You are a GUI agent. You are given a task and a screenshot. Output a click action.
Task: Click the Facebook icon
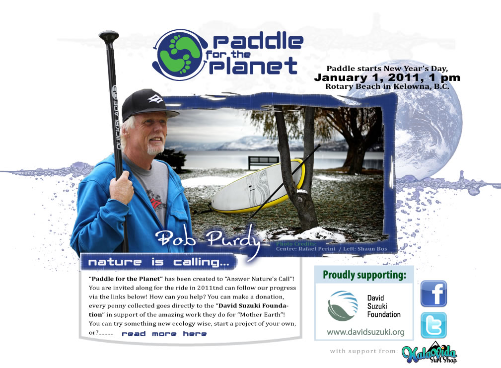click(433, 294)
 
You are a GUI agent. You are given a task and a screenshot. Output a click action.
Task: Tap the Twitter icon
click(433, 325)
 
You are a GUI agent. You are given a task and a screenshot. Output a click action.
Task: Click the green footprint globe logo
click(180, 55)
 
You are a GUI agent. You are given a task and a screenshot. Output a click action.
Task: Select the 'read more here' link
click(164, 334)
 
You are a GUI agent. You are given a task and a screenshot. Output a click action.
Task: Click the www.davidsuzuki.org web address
click(365, 332)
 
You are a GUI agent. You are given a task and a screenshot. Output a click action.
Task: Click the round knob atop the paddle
click(109, 36)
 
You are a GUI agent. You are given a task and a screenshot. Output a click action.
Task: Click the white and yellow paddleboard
click(258, 186)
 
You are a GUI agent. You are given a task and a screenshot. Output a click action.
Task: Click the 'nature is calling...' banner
click(158, 262)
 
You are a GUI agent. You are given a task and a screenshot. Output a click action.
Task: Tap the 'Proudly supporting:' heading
click(364, 275)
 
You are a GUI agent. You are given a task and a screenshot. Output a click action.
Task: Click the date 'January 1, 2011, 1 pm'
click(387, 77)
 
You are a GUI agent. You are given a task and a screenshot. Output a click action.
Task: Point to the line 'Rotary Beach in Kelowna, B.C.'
click(387, 86)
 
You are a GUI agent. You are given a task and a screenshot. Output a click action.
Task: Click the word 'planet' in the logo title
click(253, 66)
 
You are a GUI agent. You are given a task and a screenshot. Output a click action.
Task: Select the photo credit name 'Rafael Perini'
click(317, 249)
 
